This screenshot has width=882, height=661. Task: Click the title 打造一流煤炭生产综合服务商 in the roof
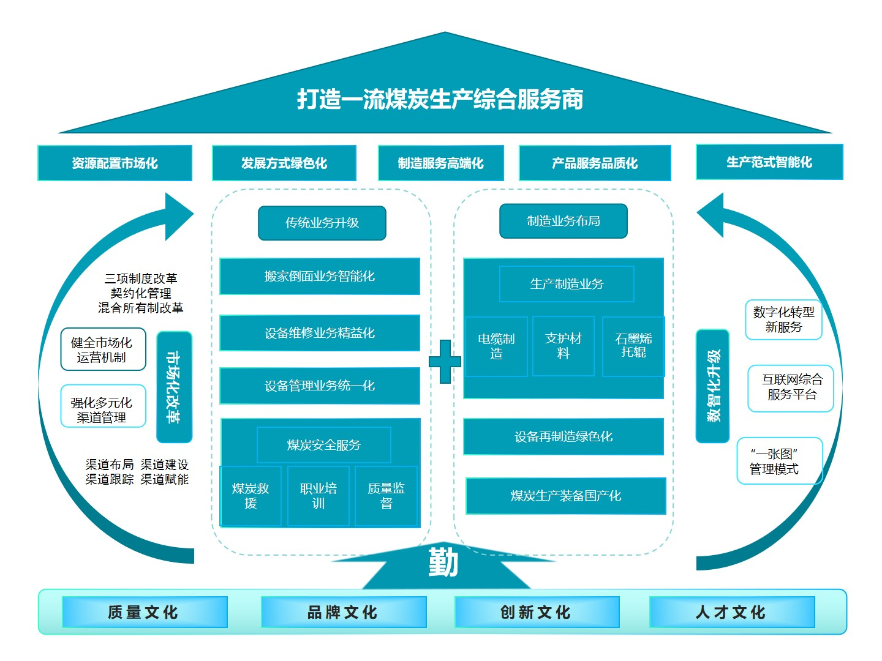(x=440, y=99)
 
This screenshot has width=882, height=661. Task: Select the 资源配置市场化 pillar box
(x=115, y=163)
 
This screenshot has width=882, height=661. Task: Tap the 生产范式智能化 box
(x=769, y=162)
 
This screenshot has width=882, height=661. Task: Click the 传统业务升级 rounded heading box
(x=322, y=223)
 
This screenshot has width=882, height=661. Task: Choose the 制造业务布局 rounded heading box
(x=563, y=221)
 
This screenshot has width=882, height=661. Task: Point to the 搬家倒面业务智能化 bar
(x=320, y=276)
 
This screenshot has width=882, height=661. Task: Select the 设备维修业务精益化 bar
(x=320, y=333)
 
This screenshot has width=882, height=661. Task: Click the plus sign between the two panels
(x=445, y=361)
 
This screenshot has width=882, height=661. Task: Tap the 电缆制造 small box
(x=496, y=346)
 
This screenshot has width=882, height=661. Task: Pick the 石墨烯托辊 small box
(x=633, y=346)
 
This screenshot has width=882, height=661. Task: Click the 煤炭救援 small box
(x=251, y=496)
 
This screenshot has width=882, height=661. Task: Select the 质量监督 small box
(x=386, y=496)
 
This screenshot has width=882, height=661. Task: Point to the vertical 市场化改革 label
(x=174, y=387)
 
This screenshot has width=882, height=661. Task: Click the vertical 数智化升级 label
(x=713, y=386)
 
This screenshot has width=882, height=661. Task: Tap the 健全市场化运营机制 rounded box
(x=103, y=349)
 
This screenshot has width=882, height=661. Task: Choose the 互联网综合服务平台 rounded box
(x=791, y=388)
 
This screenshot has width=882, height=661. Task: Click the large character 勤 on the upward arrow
(x=443, y=562)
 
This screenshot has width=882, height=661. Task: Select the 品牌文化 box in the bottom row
(x=343, y=612)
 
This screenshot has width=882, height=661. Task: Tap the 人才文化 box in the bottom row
(x=731, y=612)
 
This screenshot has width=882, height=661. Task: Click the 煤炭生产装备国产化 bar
(x=566, y=496)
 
